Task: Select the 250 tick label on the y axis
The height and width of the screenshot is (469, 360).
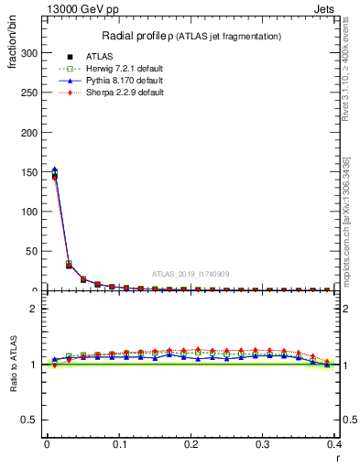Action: pos(29,93)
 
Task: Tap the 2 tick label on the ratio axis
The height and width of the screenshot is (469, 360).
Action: pos(37,309)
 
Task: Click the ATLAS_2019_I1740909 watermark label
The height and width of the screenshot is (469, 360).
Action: pos(190,273)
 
